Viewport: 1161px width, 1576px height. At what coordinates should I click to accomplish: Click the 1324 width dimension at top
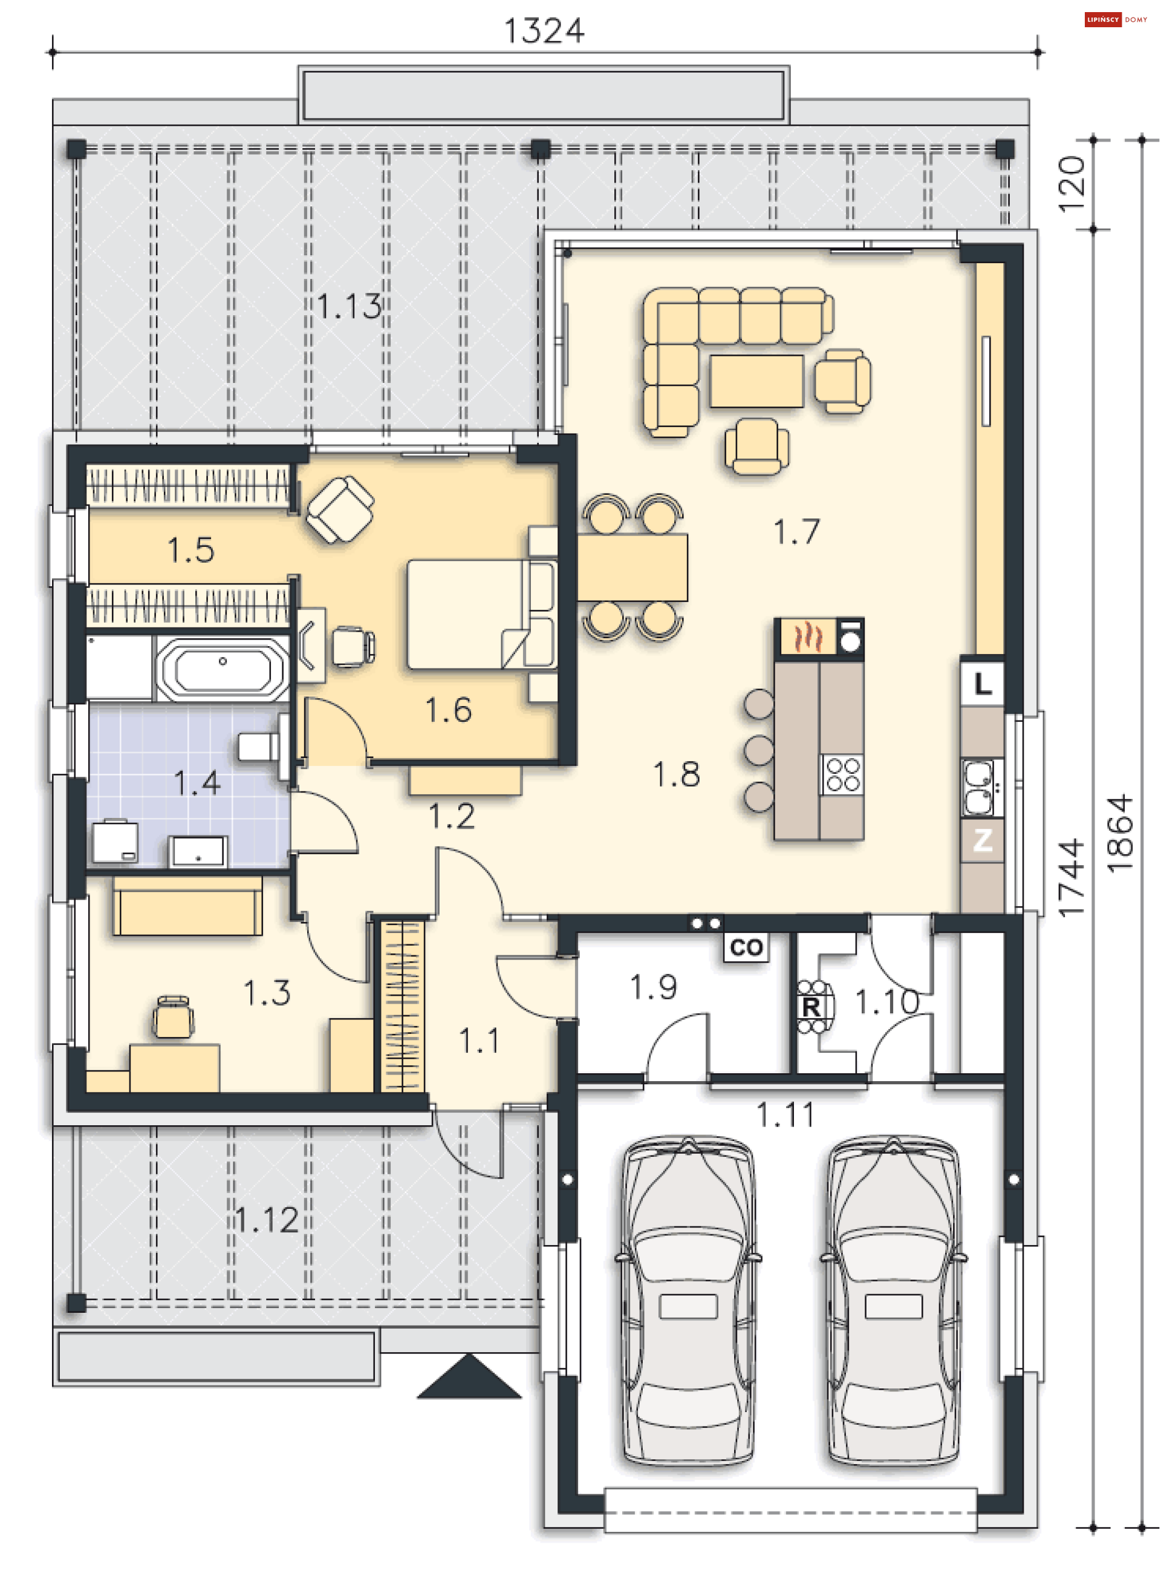pyautogui.click(x=544, y=31)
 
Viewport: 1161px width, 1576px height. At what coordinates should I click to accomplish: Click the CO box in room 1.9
pyautogui.click(x=746, y=947)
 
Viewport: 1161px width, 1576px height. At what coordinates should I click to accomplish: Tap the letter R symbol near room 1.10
pyautogui.click(x=811, y=1007)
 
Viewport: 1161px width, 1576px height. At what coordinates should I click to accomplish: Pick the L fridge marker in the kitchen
pyautogui.click(x=983, y=683)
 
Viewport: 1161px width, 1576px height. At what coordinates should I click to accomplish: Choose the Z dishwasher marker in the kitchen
pyautogui.click(x=983, y=839)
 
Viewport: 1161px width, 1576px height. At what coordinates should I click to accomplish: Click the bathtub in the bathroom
pyautogui.click(x=222, y=669)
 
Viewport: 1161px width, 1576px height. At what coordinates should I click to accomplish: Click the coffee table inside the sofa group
pyautogui.click(x=756, y=381)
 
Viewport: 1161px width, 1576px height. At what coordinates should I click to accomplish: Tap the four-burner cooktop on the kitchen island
pyautogui.click(x=842, y=774)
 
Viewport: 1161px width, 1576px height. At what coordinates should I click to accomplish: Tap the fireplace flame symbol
pyautogui.click(x=807, y=637)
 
